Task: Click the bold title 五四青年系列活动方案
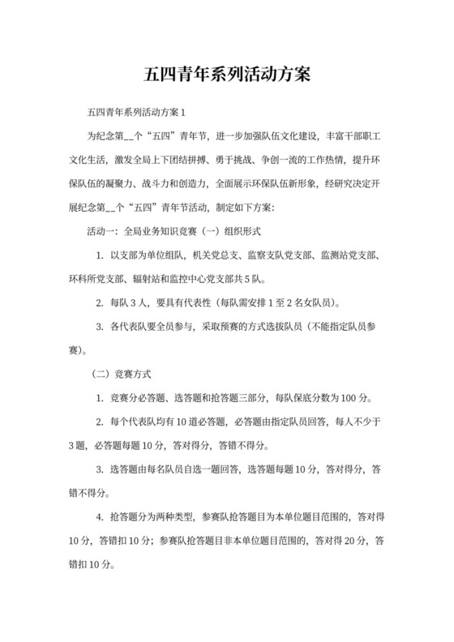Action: [x=226, y=74]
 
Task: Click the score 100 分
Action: [x=353, y=398]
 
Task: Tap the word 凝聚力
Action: [x=126, y=184]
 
